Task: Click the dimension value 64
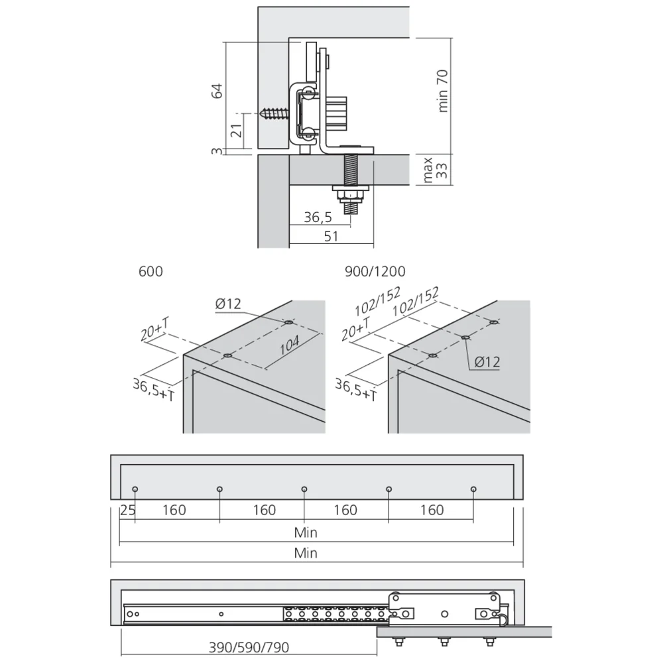[217, 91]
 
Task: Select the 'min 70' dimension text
[444, 90]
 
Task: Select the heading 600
[151, 271]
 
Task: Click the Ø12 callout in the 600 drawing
[228, 304]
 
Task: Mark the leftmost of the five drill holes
[135, 489]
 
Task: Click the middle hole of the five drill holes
[304, 489]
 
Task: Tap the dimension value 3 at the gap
[216, 152]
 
